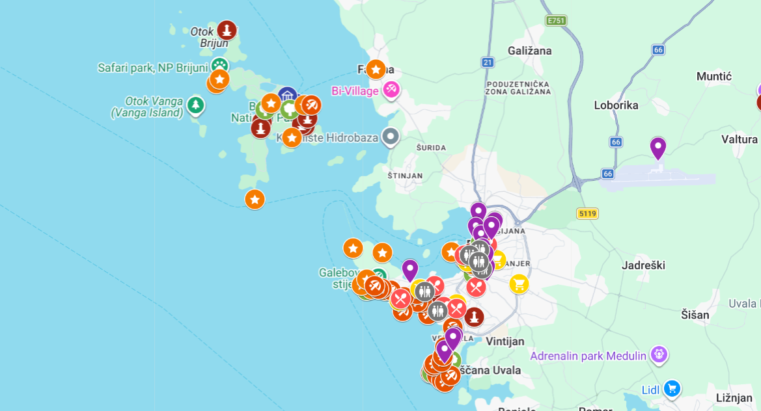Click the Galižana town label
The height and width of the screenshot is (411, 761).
coord(529,51)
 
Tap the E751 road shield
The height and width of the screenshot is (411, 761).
coord(556,21)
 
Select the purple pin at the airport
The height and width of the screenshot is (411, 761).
coord(658,148)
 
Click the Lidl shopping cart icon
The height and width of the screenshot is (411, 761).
coord(672,389)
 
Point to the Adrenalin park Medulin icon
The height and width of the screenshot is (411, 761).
coord(659,355)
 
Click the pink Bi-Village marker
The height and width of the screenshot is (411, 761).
coord(391,90)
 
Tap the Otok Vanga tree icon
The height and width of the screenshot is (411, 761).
coord(195,104)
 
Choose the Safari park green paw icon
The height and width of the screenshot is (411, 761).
coord(219,66)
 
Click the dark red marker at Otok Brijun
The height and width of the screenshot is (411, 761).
coord(227,30)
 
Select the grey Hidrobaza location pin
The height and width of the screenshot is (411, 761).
coord(390,137)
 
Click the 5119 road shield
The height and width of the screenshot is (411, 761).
coord(587,213)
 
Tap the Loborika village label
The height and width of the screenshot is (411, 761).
coord(616,105)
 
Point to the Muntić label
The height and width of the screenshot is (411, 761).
coord(714,77)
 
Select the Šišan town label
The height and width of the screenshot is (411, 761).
coord(695,315)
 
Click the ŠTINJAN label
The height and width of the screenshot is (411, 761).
coord(405,176)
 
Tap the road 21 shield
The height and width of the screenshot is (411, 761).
coord(488,62)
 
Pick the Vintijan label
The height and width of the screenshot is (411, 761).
coord(505,341)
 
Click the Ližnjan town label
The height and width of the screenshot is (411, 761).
coord(734,397)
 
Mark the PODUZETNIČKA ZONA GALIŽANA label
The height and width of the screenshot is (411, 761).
coord(518,88)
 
